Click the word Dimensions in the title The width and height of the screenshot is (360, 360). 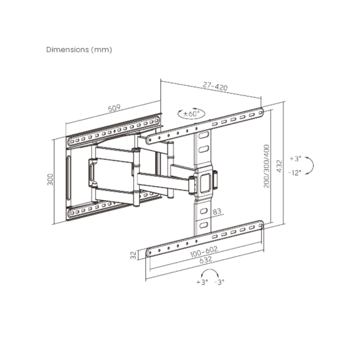point(67,50)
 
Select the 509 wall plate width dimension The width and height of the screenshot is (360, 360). point(114,108)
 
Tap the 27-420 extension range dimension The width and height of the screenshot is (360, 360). point(215,86)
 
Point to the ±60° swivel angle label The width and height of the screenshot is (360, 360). point(191,113)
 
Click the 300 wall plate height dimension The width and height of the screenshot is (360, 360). point(50,180)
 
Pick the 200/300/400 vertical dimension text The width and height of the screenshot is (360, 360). point(267,166)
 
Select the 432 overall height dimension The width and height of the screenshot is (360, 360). point(279,166)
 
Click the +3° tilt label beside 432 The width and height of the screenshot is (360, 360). point(295,158)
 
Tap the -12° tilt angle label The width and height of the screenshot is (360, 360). point(294,172)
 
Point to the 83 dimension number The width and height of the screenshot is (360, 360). point(217,211)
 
